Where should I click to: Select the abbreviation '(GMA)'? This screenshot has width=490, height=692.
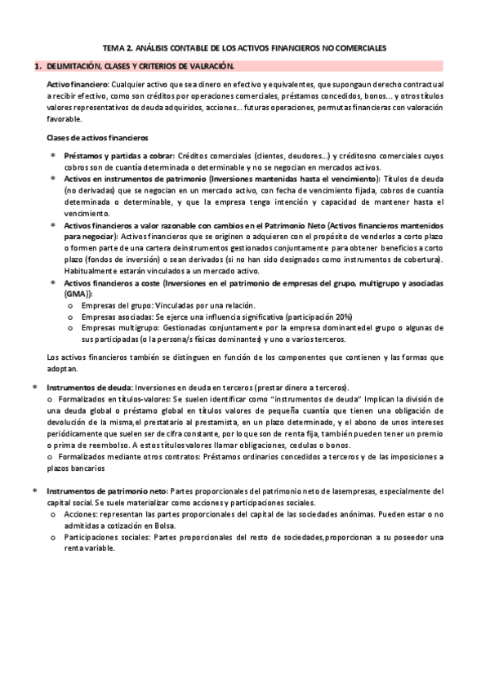pyautogui.click(x=78, y=293)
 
